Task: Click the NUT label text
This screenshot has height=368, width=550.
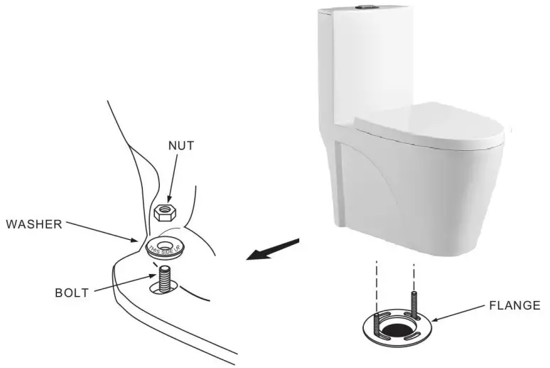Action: [181, 146]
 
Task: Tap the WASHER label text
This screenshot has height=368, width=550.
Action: [34, 224]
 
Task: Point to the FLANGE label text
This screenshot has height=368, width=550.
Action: [514, 305]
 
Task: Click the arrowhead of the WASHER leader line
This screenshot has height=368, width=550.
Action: [141, 241]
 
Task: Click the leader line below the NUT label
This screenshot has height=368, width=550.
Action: [173, 179]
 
